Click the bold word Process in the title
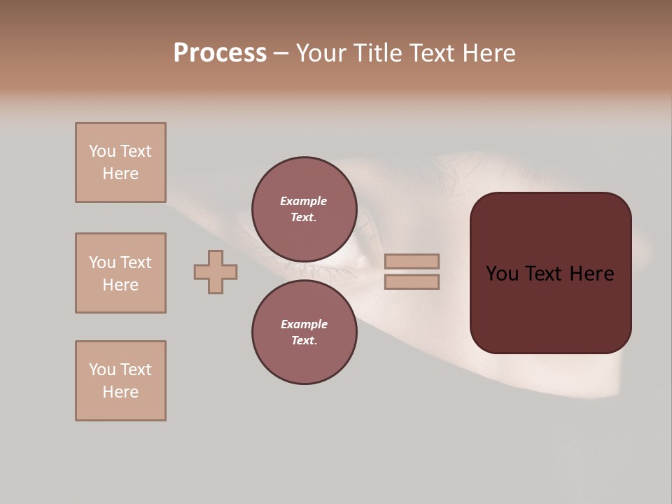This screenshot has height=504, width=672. tap(220, 53)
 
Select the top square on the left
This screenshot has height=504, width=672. tap(120, 162)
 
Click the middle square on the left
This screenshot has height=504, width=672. tap(120, 273)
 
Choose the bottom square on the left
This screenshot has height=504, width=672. tap(120, 381)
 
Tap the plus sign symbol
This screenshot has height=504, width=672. tap(216, 272)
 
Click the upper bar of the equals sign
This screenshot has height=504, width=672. tap(412, 261)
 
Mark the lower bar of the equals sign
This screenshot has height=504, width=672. tap(412, 281)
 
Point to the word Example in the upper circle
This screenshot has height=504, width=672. tap(304, 201)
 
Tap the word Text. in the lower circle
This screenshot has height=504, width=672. tap(304, 340)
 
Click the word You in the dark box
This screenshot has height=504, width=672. tap(502, 274)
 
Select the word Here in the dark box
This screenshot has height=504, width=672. tap(591, 274)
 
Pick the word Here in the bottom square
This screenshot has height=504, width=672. tap(120, 392)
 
